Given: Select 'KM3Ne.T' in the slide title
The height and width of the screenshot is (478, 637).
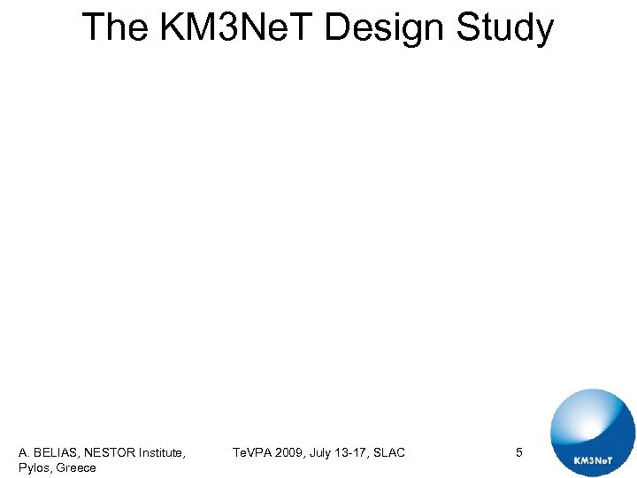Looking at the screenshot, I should (x=234, y=27).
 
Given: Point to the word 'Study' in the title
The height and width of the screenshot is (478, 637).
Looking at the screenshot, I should (x=505, y=27).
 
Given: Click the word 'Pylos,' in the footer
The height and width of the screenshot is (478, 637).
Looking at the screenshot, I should (x=35, y=467).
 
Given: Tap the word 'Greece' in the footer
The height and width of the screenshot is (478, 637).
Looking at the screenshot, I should (x=76, y=467).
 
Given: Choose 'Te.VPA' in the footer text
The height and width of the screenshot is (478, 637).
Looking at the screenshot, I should (x=253, y=453).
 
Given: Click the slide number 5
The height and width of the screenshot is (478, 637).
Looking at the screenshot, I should (x=519, y=453).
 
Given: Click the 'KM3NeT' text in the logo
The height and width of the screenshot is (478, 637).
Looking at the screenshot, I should (x=593, y=461).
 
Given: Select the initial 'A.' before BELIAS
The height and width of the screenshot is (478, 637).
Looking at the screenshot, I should (x=25, y=453).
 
